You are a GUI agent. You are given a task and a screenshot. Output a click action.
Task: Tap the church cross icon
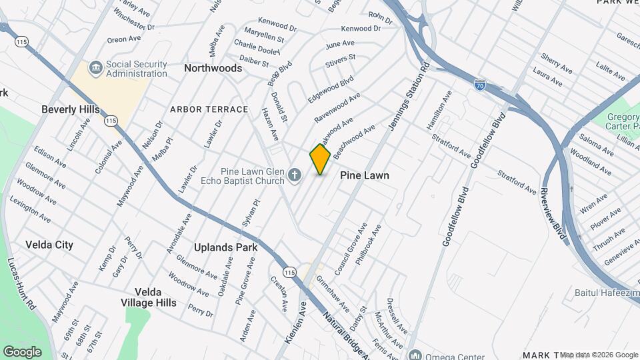[x=295, y=176]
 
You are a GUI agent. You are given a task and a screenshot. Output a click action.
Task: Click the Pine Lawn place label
[x=364, y=175]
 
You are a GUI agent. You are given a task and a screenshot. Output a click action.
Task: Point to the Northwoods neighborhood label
[x=213, y=68]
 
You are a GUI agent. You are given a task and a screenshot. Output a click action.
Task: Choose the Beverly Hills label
[x=70, y=109]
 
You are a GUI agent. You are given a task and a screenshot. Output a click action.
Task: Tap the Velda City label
[x=49, y=245]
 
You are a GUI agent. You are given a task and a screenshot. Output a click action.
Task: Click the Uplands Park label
[x=225, y=247]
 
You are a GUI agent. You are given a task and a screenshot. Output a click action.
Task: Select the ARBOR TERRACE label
[x=209, y=109]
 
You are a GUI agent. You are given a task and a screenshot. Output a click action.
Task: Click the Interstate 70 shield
[x=480, y=84]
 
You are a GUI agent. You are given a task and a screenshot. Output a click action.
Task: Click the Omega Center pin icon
[x=415, y=355]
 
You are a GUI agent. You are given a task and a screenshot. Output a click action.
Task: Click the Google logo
[x=22, y=351]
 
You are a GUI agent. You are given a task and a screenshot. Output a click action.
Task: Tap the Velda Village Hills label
[x=155, y=297]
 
